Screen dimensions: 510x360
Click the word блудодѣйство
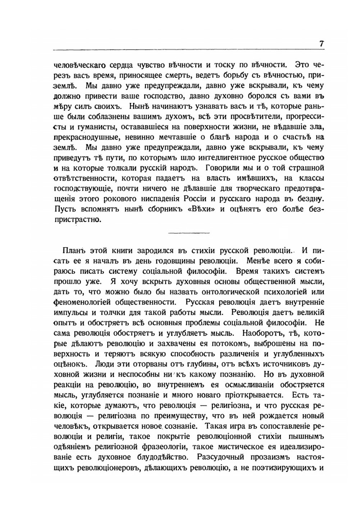(155, 457)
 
